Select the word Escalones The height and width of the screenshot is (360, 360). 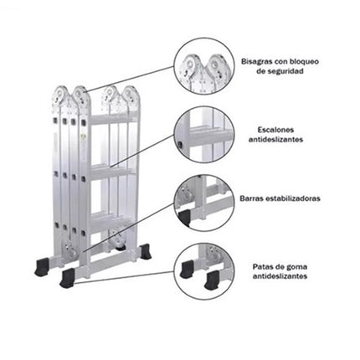point(275,130)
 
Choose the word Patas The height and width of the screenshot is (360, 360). point(263,266)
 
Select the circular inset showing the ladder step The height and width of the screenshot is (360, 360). point(204,136)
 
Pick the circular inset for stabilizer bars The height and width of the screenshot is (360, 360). point(204,203)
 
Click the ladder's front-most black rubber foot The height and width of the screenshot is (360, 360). point(67,278)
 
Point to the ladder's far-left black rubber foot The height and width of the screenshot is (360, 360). point(42,267)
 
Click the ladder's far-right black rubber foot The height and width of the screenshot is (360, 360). point(146,252)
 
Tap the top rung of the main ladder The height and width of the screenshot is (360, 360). point(114,119)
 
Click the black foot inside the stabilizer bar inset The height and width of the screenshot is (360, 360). point(184,217)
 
